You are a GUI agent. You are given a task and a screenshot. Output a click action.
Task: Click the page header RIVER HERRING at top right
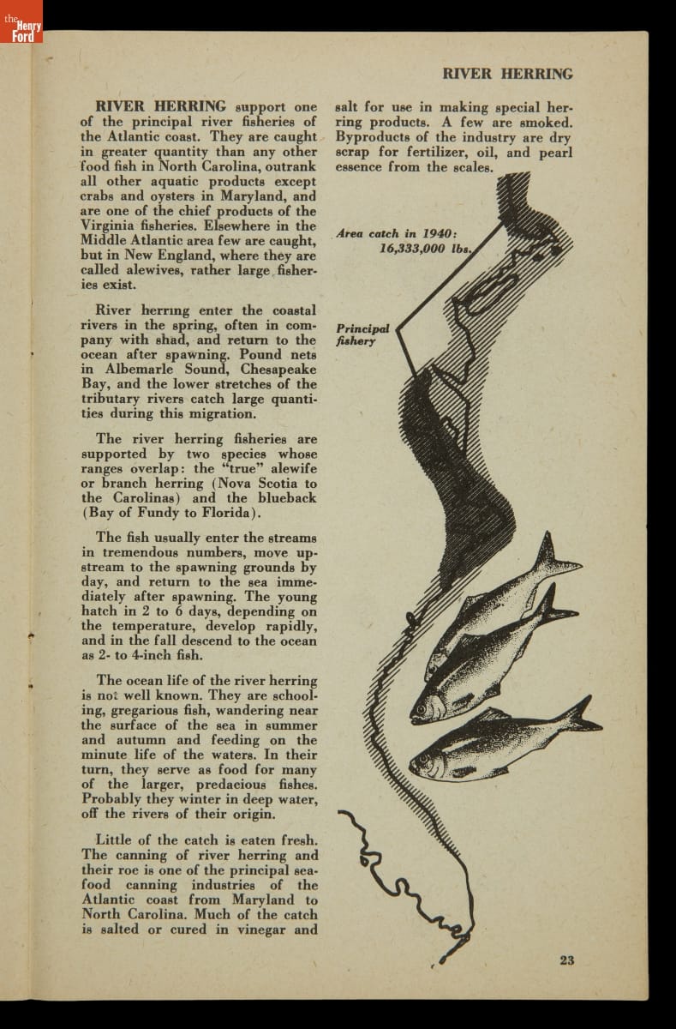(507, 74)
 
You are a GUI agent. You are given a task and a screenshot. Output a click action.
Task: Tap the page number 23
(566, 960)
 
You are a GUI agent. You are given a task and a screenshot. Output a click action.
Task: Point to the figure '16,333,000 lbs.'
(425, 248)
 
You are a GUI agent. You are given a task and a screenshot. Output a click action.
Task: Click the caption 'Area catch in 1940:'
(397, 233)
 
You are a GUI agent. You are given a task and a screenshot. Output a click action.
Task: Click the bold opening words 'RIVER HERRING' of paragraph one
(161, 107)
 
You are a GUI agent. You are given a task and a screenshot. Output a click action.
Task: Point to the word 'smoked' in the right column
(545, 123)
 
